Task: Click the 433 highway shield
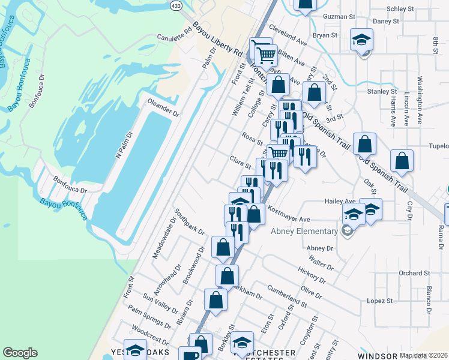click(175, 5)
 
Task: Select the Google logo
click(20, 353)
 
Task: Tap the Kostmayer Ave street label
click(289, 215)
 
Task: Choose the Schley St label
click(401, 9)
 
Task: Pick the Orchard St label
click(414, 273)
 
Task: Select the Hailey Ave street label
click(340, 201)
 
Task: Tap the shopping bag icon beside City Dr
click(402, 161)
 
